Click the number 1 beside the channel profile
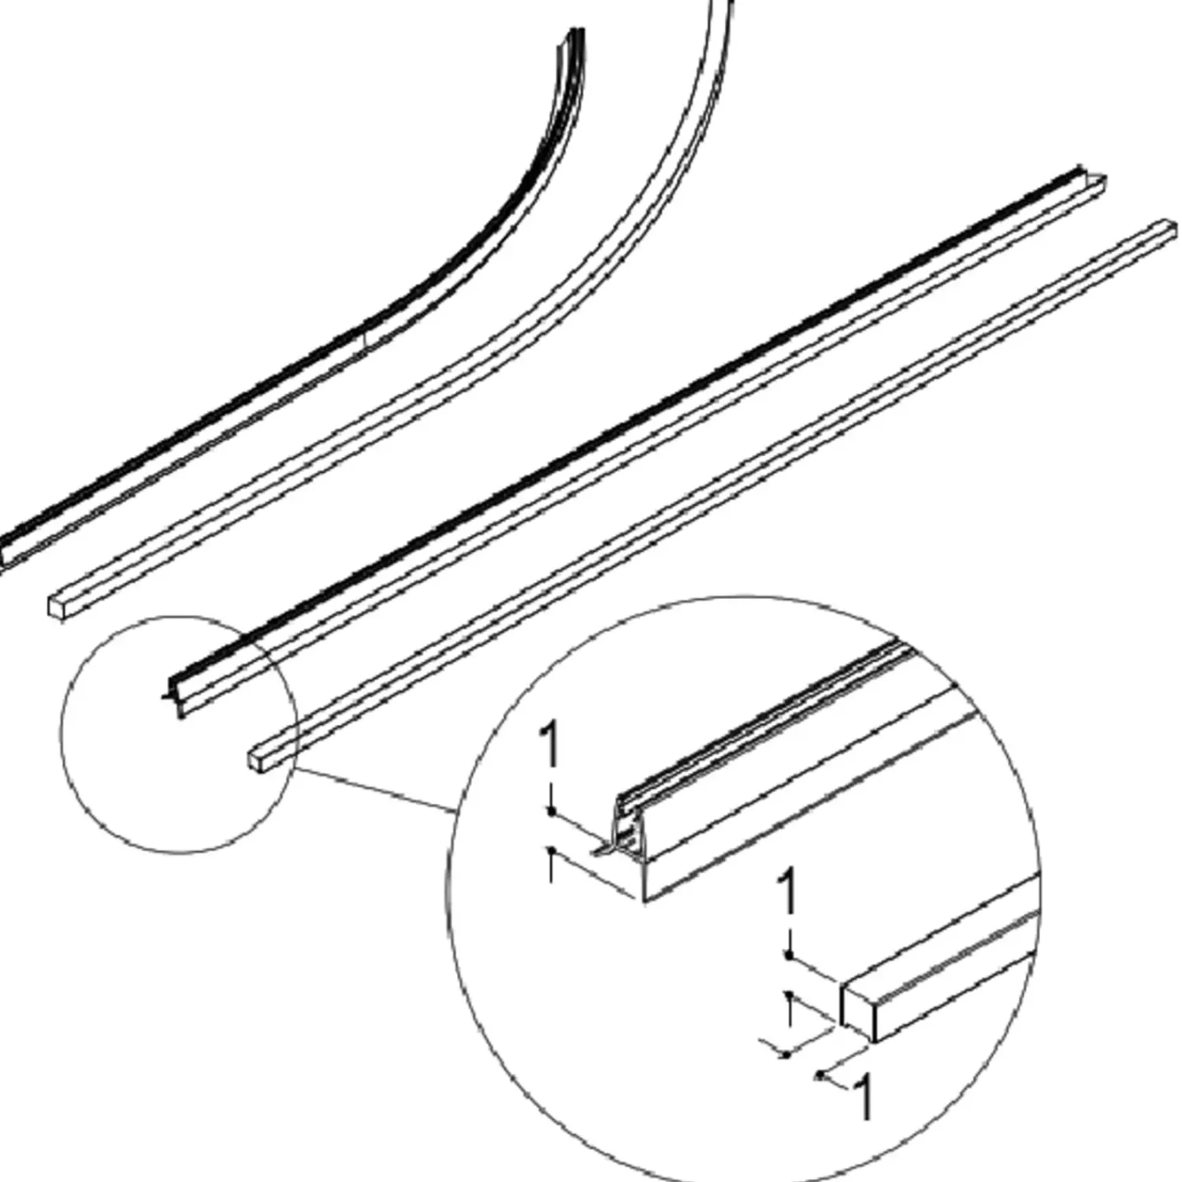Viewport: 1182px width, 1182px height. (x=550, y=745)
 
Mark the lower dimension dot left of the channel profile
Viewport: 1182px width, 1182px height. (x=553, y=850)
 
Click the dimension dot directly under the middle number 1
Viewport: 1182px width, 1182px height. (x=789, y=955)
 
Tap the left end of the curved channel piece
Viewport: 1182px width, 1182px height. (x=5, y=552)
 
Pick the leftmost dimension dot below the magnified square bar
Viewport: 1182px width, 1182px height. (x=786, y=1054)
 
